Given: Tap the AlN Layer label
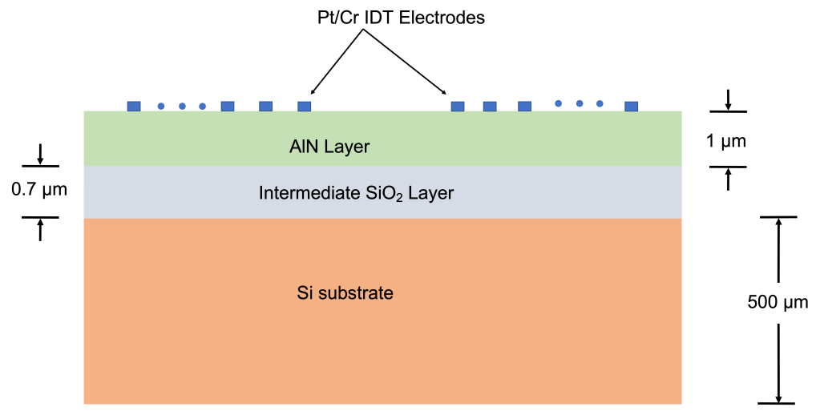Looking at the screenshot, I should (329, 147).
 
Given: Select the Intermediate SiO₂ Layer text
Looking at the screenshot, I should (356, 193).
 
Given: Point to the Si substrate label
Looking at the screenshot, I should (345, 292).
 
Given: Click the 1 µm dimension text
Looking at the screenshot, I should (726, 142).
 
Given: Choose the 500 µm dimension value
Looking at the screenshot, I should (777, 303).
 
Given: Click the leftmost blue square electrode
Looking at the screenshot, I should (134, 106).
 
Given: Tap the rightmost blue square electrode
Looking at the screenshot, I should (632, 106).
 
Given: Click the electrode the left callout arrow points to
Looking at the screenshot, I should (304, 106).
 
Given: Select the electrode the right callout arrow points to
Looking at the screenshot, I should (458, 106).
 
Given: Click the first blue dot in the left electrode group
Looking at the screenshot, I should (160, 106).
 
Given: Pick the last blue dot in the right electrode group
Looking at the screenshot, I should (600, 103).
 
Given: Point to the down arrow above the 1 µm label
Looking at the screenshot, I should (728, 100).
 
